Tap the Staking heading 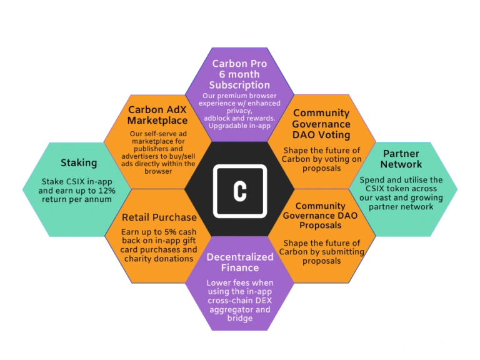pyautogui.click(x=79, y=163)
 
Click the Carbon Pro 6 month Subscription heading pyautogui.click(x=241, y=74)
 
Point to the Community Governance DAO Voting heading pyautogui.click(x=321, y=124)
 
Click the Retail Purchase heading pyautogui.click(x=159, y=217)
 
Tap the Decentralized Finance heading pyautogui.click(x=240, y=262)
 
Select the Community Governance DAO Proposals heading pyautogui.click(x=320, y=215)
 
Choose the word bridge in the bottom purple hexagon pyautogui.click(x=240, y=318)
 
